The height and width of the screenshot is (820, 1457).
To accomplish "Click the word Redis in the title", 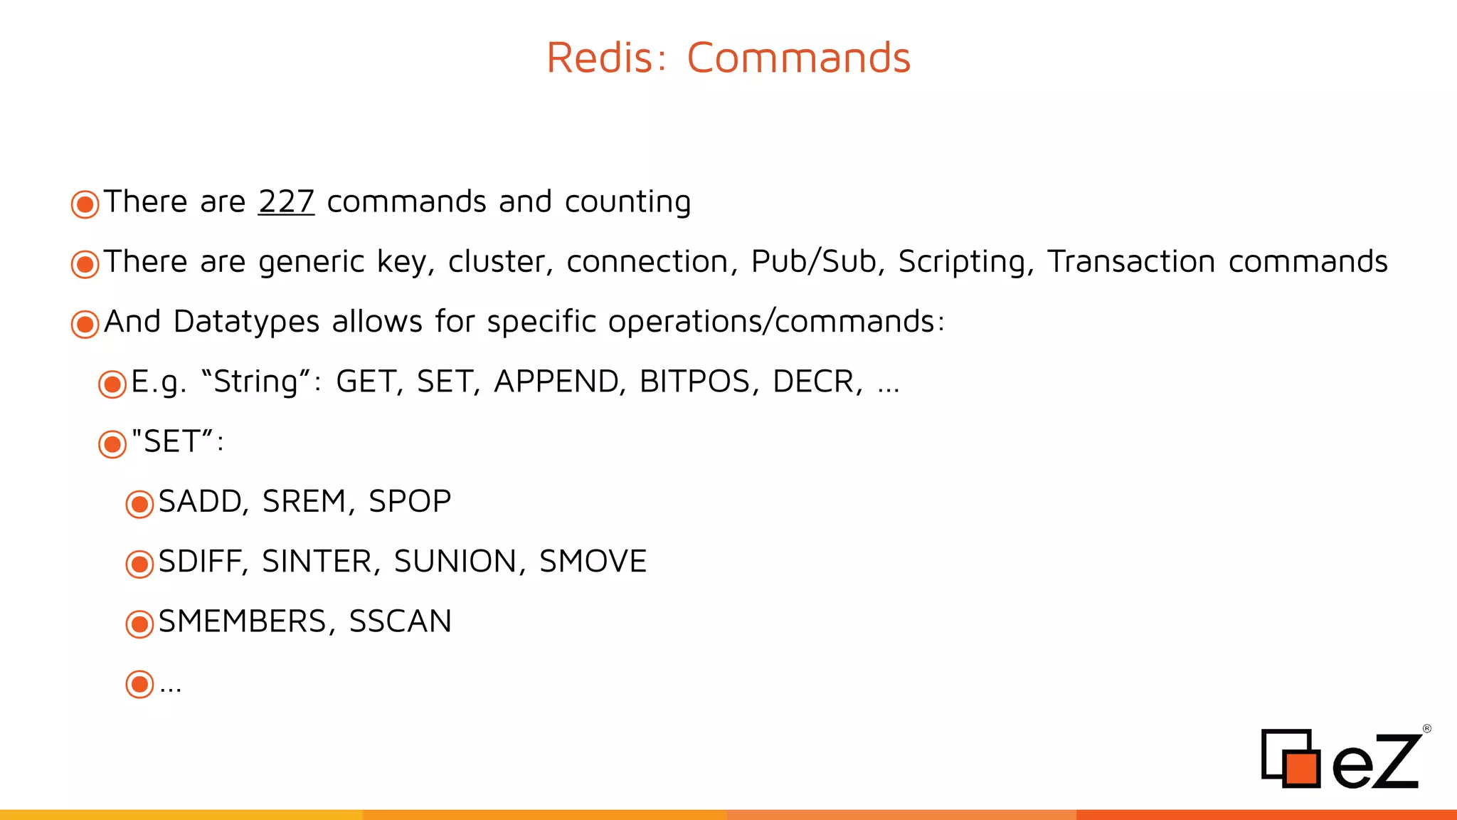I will [599, 58].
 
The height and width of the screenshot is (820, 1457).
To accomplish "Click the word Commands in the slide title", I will [798, 58].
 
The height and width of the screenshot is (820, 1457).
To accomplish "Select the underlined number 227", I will [286, 201].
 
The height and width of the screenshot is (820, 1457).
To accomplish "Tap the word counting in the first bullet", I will [627, 202].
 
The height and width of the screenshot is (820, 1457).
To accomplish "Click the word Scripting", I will [965, 262].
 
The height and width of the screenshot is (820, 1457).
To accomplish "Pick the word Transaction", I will [1130, 261].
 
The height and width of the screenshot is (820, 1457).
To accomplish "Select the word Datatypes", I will [246, 322].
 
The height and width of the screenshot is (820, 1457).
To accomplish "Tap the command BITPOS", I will [694, 382].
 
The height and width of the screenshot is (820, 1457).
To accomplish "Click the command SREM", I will [304, 502].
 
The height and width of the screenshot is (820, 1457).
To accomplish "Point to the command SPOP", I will [410, 502].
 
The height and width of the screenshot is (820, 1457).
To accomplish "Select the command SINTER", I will [317, 562].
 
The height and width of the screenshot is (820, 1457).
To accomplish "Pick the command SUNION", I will [455, 562].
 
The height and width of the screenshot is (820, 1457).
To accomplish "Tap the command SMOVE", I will [593, 562].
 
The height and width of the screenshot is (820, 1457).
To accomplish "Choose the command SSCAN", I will [400, 621].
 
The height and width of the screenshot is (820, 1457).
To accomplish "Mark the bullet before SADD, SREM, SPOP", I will [139, 504].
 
